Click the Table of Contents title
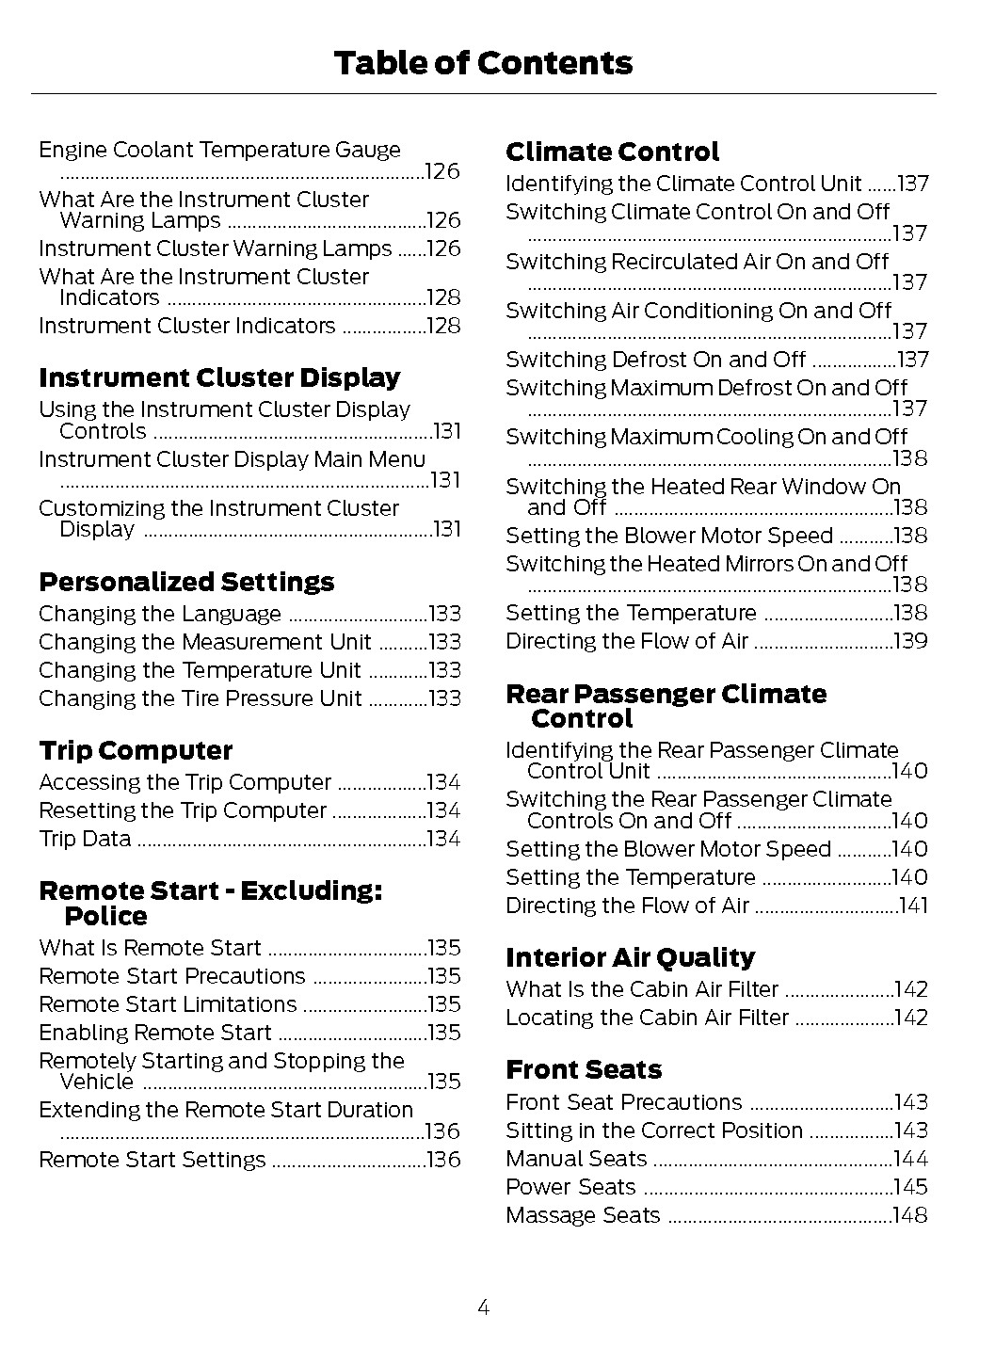483,63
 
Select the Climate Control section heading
612,152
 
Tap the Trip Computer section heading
136,750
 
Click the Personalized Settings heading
186,582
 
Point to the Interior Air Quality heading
630,957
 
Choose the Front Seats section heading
584,1069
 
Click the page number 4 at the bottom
483,1307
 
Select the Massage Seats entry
583,1215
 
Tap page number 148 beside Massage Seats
910,1215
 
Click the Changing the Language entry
160,615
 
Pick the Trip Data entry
85,839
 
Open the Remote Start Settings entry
152,1160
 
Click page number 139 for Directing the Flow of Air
910,642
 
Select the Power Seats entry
570,1187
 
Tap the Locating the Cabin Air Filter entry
647,1018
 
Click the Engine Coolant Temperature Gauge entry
219,151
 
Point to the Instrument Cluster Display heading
219,377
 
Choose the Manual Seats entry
576,1159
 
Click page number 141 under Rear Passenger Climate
913,906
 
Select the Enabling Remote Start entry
154,1033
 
